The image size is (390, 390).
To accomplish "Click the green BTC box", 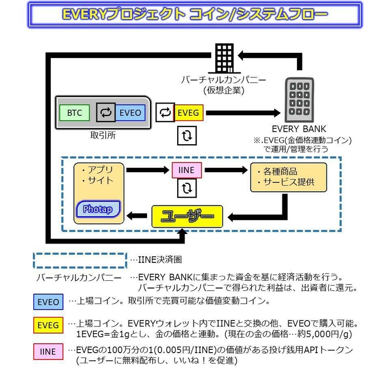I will pyautogui.click(x=74, y=113).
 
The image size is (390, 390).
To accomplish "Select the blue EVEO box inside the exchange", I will pyautogui.click(x=130, y=113).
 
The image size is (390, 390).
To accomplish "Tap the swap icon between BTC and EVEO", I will pyautogui.click(x=105, y=113).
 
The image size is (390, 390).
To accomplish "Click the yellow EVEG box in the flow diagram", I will pyautogui.click(x=188, y=113).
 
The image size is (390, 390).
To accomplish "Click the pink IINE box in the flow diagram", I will pyautogui.click(x=187, y=170).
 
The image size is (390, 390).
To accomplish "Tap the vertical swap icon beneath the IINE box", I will pyautogui.click(x=186, y=189).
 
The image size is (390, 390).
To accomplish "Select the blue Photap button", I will pyautogui.click(x=97, y=209).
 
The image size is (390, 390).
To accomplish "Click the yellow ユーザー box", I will pyautogui.click(x=187, y=216).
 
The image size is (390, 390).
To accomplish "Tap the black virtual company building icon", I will pyautogui.click(x=225, y=57).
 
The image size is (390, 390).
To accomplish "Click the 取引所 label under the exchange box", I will pyautogui.click(x=103, y=135).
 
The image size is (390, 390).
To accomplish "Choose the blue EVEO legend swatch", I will pyautogui.click(x=48, y=301).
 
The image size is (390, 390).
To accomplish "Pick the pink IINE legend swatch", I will pyautogui.click(x=48, y=352).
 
